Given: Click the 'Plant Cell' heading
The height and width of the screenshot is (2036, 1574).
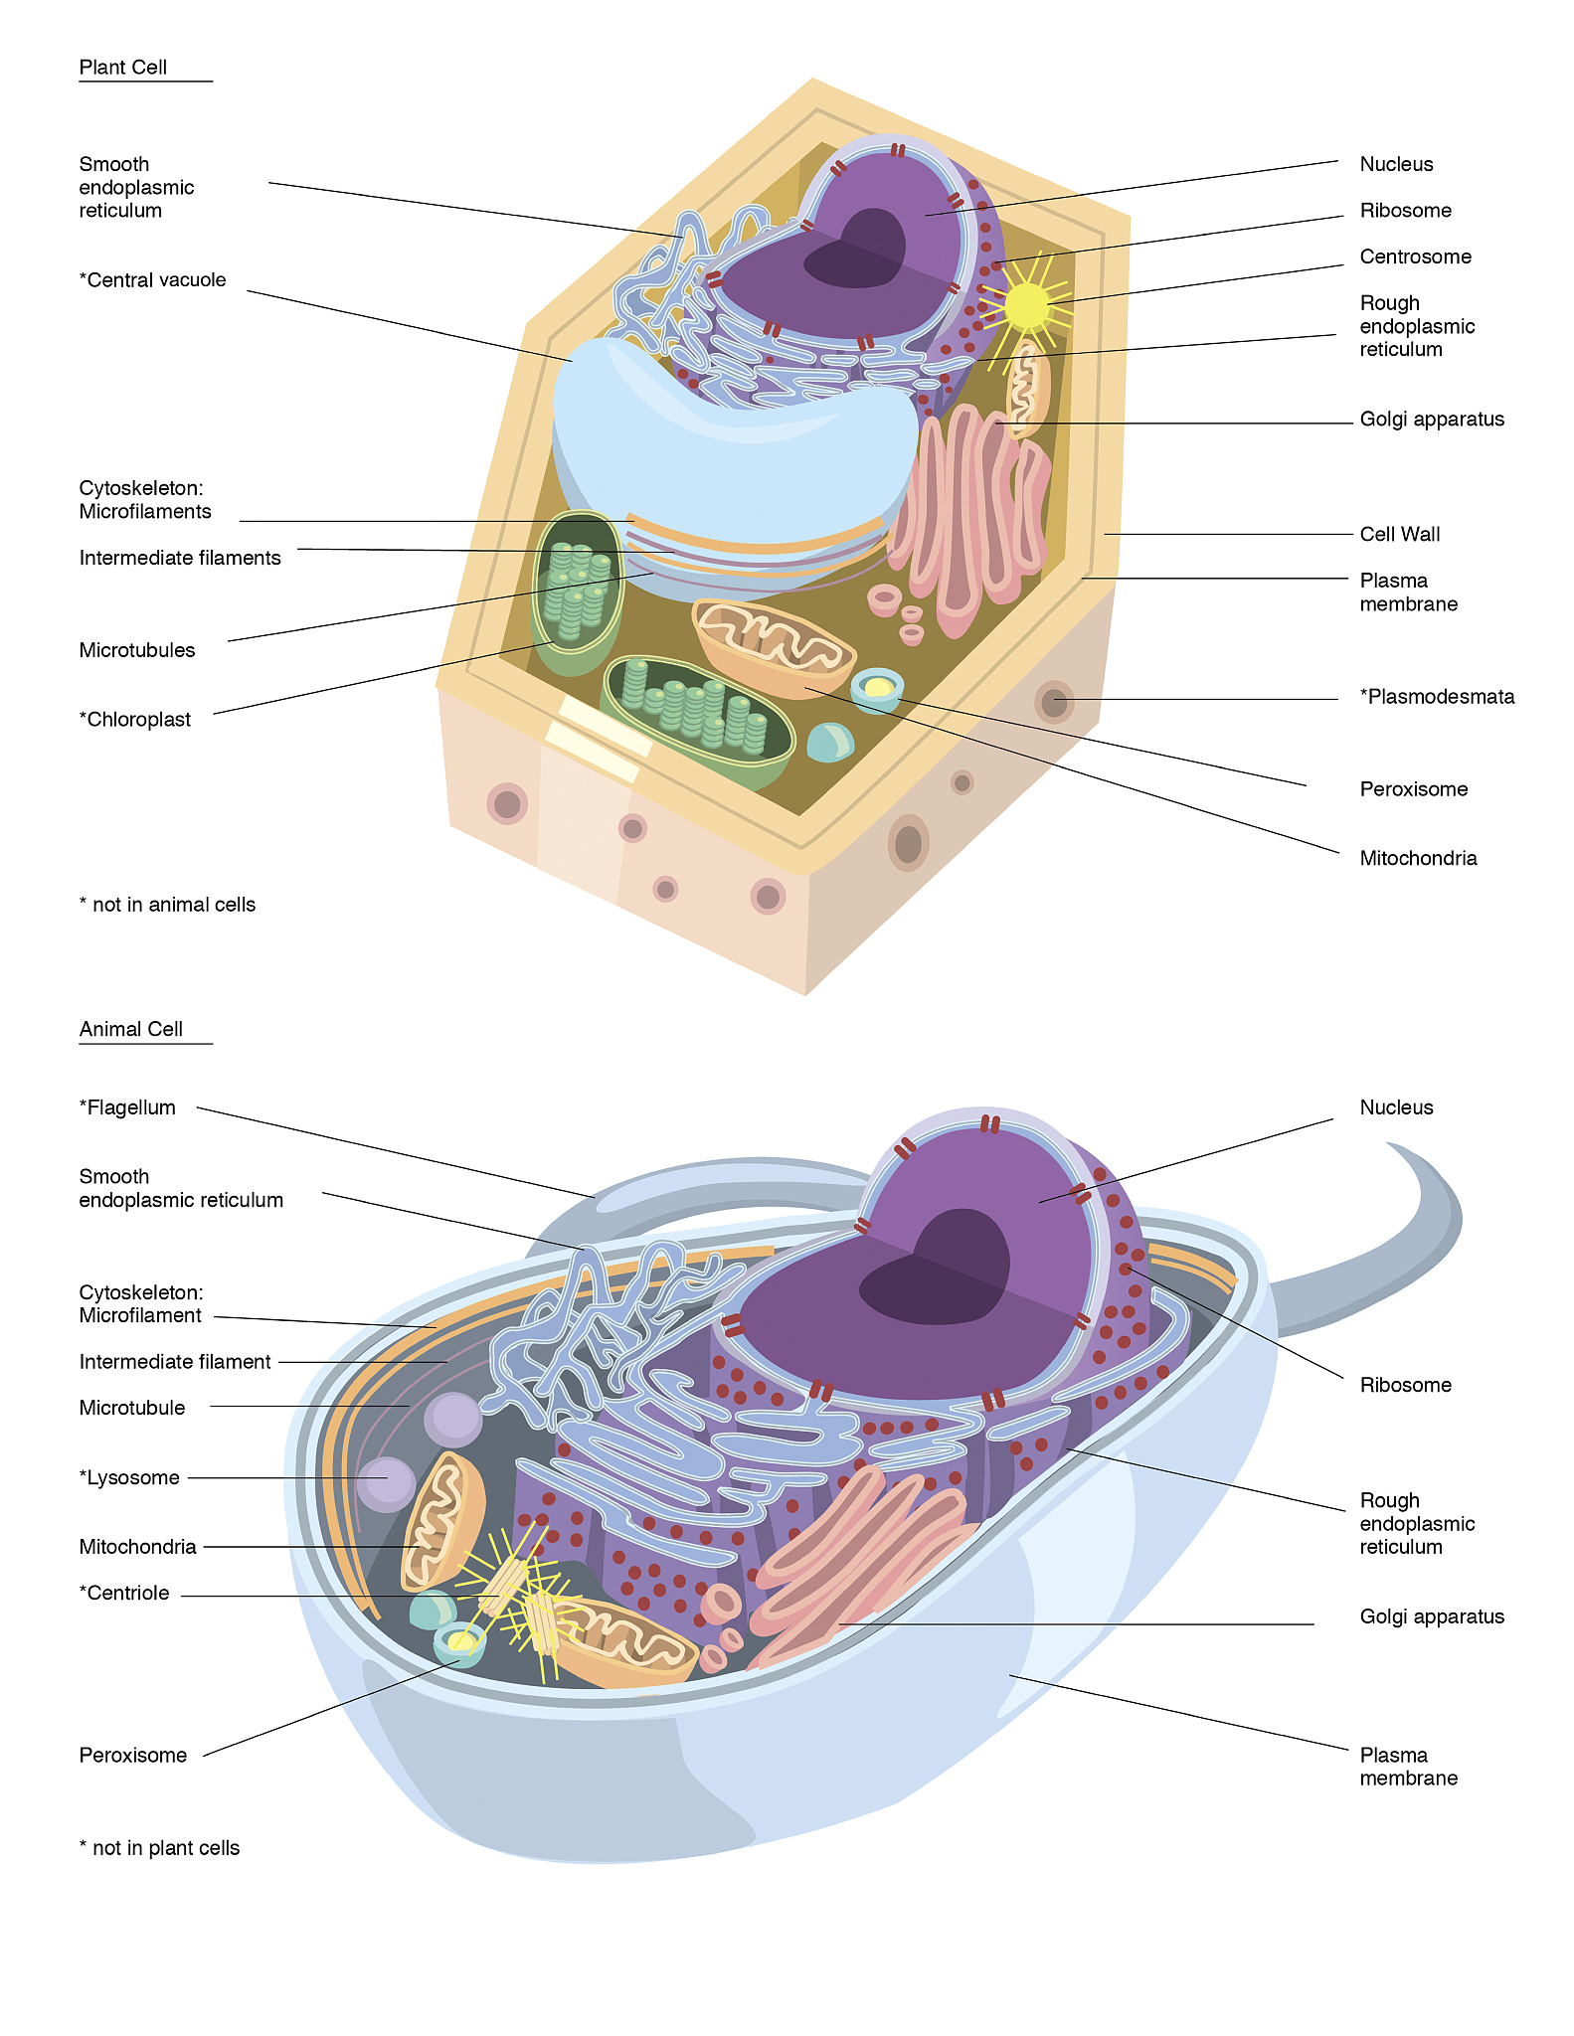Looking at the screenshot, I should click(123, 68).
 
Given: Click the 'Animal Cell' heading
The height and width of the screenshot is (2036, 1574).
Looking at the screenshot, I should click(130, 1029).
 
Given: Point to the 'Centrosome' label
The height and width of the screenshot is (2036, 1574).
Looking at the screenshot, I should click(1415, 256).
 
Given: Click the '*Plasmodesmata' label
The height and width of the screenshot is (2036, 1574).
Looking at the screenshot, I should click(1437, 697).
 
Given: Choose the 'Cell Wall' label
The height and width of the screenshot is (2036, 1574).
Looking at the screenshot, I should click(1399, 535).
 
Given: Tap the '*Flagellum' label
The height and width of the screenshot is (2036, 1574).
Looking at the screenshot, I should click(127, 1107).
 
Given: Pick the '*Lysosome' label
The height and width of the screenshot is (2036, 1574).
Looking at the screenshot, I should click(129, 1478).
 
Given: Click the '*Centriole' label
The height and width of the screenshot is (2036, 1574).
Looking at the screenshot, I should click(124, 1594).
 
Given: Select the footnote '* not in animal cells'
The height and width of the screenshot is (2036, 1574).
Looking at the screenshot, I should click(167, 905).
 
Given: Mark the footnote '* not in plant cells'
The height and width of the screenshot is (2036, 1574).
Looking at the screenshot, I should click(159, 1848).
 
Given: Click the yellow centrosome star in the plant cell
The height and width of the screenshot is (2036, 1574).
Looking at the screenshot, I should click(1026, 305).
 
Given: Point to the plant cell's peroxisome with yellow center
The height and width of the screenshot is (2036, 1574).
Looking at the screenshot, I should click(877, 688).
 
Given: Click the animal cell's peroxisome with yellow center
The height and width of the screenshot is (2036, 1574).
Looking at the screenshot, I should click(459, 1642).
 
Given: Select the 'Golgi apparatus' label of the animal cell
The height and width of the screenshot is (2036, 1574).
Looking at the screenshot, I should click(1432, 1617).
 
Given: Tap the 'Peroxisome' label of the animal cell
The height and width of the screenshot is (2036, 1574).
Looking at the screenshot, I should click(133, 1756).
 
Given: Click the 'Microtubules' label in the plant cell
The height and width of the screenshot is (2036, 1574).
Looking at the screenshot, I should click(137, 651).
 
